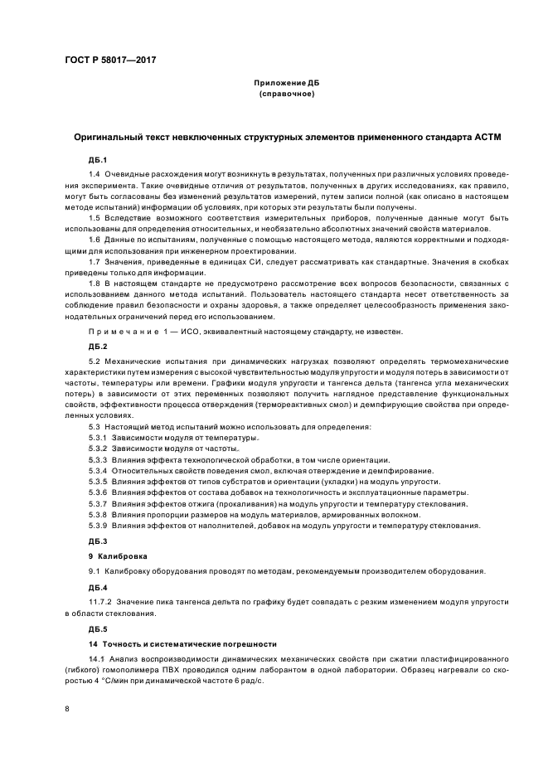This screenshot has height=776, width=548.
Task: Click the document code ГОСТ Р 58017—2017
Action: pos(110,61)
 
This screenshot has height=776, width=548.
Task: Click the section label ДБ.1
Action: pos(98,158)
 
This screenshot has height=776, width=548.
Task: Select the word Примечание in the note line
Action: pos(121,332)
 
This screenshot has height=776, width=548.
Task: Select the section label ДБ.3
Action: pos(98,541)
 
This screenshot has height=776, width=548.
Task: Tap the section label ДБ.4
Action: pos(98,585)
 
